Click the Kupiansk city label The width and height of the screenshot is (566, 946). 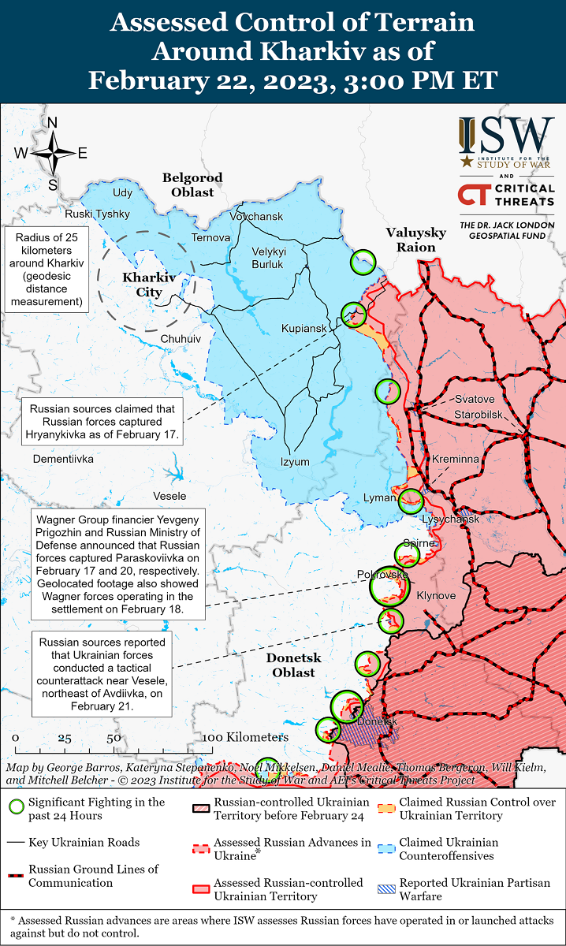(303, 327)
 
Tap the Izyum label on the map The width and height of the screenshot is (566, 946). (296, 462)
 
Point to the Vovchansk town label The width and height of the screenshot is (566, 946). (256, 215)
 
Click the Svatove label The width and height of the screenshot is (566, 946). (475, 400)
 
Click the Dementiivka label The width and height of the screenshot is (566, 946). (63, 458)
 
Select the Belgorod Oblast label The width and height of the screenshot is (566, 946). (192, 184)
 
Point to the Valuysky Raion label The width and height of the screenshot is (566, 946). (415, 239)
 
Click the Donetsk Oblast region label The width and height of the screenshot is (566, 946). (290, 665)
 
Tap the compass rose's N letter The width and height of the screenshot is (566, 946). (53, 122)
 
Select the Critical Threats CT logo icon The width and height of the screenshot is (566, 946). (474, 195)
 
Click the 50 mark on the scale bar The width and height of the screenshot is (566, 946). (114, 739)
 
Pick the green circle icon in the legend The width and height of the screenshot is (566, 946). (16, 808)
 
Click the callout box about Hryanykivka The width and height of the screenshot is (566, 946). (102, 422)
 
